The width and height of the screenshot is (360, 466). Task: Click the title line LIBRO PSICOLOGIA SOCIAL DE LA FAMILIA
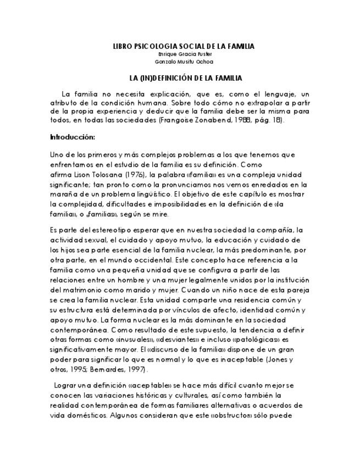click(x=183, y=47)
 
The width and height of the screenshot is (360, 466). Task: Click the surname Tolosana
click(x=98, y=174)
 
